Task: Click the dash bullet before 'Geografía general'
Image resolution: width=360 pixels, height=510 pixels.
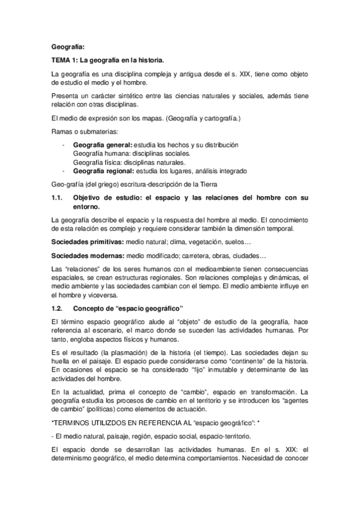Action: point(63,145)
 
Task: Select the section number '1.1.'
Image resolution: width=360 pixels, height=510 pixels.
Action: point(58,197)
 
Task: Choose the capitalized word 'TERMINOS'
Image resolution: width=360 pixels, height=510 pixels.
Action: point(75,423)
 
